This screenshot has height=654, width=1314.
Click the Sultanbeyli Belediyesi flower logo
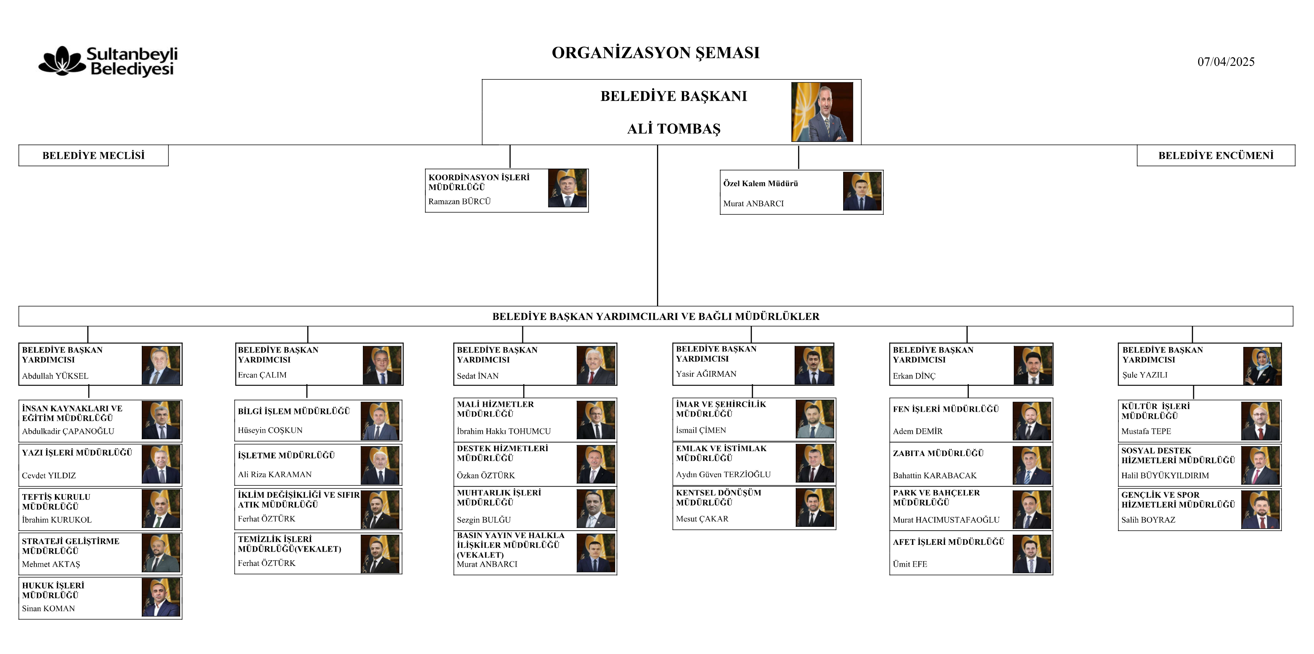coord(62,61)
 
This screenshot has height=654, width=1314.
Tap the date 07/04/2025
coord(1226,62)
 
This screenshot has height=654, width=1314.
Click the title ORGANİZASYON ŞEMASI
coord(655,53)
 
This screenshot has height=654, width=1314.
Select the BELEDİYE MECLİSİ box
coord(93,155)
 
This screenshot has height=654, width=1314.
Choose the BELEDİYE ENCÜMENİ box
coord(1215,155)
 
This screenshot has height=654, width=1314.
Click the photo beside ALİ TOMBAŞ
coord(822,112)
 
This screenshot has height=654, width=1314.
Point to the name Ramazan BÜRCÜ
coord(459,201)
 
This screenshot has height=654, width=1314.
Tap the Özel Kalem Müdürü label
coord(760,183)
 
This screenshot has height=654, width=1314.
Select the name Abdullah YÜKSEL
coord(55,376)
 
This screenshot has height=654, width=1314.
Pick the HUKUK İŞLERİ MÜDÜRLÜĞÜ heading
coord(53,590)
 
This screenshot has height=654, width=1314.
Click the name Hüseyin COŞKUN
coord(270,430)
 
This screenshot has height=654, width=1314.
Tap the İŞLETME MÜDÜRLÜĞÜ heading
coord(286,455)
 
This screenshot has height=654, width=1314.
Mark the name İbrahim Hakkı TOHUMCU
coord(504,431)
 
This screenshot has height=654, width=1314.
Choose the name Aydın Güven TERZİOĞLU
coord(723,474)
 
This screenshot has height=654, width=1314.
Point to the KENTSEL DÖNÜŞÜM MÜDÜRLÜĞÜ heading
coord(718,497)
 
